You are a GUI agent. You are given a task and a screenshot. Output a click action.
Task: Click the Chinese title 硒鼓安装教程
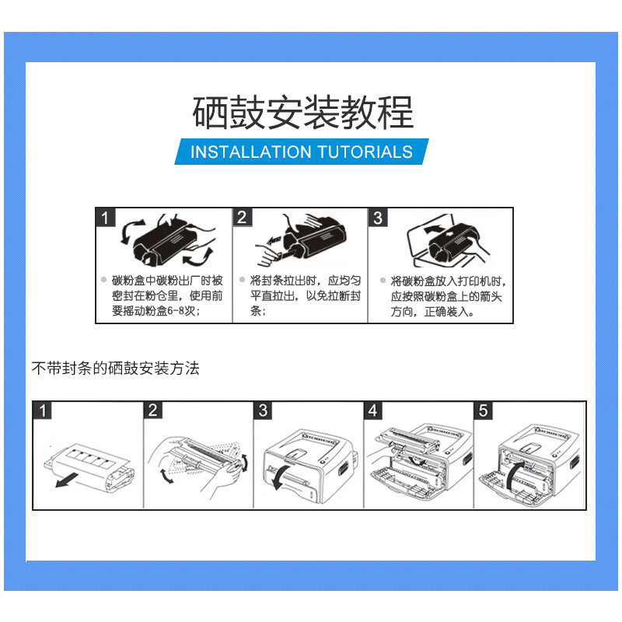[x=303, y=112]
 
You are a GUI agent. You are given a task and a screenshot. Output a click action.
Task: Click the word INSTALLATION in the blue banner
[x=250, y=152]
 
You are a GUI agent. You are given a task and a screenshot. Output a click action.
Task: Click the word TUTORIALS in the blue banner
[x=365, y=152]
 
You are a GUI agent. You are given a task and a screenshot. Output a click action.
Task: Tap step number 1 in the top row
[x=105, y=218]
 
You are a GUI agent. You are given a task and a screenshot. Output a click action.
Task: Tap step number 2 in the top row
[x=242, y=218]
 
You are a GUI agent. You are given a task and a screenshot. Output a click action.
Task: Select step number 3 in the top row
[x=378, y=218]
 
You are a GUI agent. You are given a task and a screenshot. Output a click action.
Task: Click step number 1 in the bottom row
[x=43, y=411]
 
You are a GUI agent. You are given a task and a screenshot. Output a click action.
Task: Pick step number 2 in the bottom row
[x=152, y=411]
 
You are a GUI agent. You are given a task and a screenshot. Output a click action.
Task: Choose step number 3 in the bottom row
[x=263, y=411]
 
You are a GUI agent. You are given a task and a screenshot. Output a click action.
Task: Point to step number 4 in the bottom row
[x=373, y=411]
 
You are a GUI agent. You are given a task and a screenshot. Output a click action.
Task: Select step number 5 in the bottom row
[x=483, y=411]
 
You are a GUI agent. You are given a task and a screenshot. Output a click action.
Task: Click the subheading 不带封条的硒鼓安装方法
[x=115, y=368]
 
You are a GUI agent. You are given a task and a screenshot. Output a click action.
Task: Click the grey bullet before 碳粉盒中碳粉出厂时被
[x=104, y=279]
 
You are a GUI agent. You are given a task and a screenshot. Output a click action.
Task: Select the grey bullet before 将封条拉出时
[x=242, y=279]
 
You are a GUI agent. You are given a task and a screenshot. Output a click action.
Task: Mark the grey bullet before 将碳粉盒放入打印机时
[x=383, y=280]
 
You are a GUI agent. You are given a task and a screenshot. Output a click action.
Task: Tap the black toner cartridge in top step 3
[x=453, y=241]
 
